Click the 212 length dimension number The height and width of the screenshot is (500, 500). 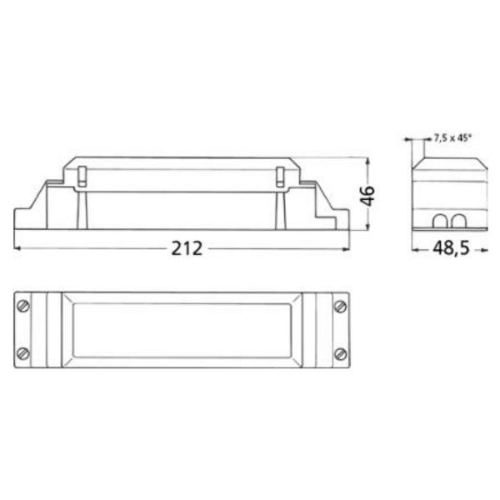pos(187,248)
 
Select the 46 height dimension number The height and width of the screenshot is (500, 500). pos(367,196)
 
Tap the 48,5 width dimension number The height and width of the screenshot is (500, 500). pos(451,248)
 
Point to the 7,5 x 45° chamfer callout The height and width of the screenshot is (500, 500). pos(452,137)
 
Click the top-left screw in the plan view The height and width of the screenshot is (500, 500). pos(23,306)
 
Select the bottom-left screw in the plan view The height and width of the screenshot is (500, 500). pos(23,353)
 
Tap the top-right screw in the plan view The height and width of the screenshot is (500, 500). pos(340,307)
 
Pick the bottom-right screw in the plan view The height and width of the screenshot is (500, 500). pos(340,353)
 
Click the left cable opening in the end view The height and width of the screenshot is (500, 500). pos(440,222)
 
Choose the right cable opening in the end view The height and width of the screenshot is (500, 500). pos(457,222)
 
